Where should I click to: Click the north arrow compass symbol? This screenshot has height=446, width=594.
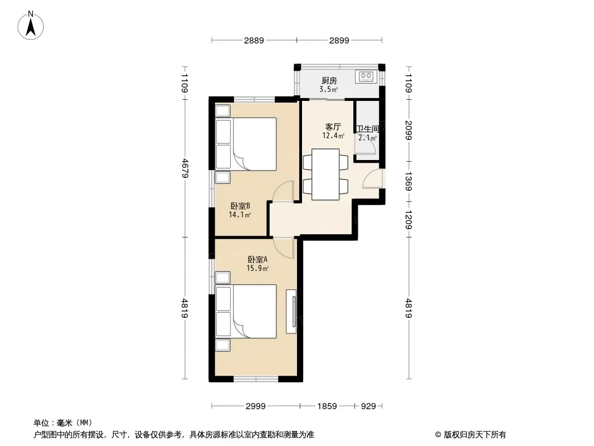pyautogui.click(x=31, y=26)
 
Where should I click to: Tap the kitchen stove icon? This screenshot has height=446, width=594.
pyautogui.click(x=366, y=76)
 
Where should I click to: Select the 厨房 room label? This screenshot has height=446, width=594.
pyautogui.click(x=329, y=80)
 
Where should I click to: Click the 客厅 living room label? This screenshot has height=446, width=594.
pyautogui.click(x=333, y=127)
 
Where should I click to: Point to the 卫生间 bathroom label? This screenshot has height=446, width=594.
pyautogui.click(x=367, y=129)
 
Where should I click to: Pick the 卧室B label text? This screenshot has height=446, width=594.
pyautogui.click(x=240, y=206)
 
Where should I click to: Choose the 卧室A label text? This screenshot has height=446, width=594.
pyautogui.click(x=257, y=260)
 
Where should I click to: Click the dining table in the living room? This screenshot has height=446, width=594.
pyautogui.click(x=325, y=174)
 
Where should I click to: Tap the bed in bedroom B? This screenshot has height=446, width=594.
pyautogui.click(x=246, y=144)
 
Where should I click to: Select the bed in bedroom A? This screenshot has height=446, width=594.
pyautogui.click(x=246, y=311)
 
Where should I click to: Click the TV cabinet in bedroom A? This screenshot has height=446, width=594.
pyautogui.click(x=291, y=312)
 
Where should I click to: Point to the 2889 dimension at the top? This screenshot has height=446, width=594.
pyautogui.click(x=254, y=40)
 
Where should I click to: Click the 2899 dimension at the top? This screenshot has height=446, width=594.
pyautogui.click(x=339, y=40)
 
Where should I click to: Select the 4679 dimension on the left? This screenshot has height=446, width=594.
pyautogui.click(x=185, y=168)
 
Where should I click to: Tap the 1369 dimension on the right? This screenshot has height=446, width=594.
pyautogui.click(x=408, y=182)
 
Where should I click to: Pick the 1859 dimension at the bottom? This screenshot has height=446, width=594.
pyautogui.click(x=327, y=406)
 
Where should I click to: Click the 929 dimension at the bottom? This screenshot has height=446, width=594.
pyautogui.click(x=368, y=406)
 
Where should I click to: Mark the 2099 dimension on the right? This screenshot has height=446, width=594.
pyautogui.click(x=408, y=130)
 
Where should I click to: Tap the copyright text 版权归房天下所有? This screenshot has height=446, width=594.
pyautogui.click(x=475, y=435)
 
